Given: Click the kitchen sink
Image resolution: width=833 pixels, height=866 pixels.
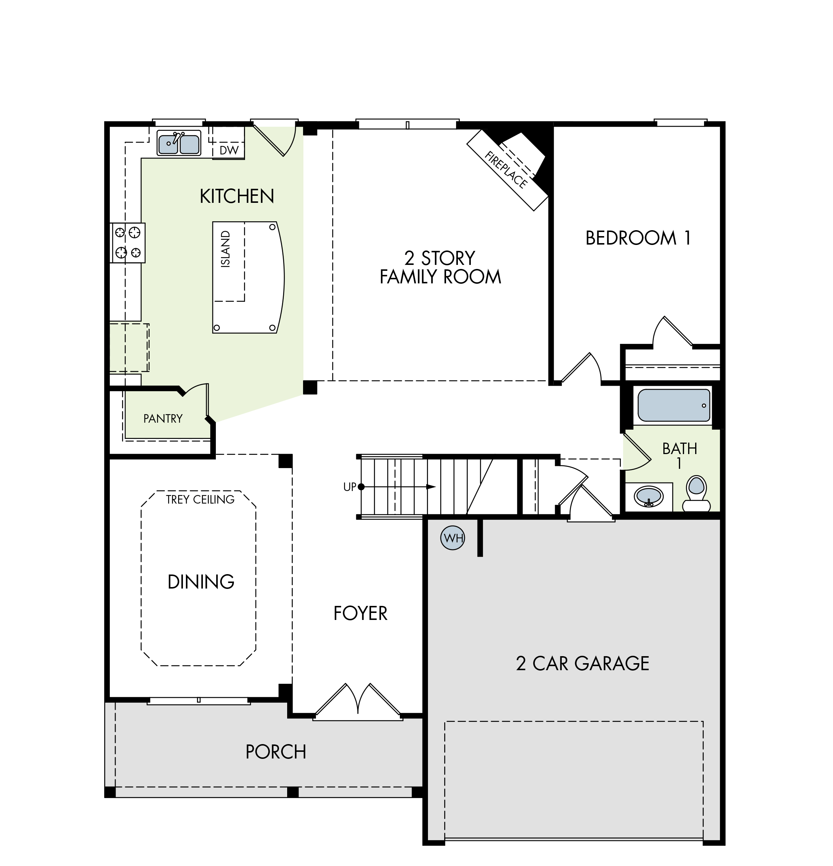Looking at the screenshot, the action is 179,143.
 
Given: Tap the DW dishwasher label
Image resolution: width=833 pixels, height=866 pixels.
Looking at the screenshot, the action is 229,150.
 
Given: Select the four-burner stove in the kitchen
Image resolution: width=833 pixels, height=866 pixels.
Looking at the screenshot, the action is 128,243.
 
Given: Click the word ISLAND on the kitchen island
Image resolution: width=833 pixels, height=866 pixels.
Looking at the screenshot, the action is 225,249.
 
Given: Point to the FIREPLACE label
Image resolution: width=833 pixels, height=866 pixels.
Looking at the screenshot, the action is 506,170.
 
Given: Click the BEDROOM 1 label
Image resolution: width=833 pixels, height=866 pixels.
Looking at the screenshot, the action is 637,238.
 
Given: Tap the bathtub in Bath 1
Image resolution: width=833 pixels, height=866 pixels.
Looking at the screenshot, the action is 673,405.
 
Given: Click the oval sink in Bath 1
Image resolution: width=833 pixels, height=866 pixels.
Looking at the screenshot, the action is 648,497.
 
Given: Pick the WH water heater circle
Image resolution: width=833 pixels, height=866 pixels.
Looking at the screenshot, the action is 453,538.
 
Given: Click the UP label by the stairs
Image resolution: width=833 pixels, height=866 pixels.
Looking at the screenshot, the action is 350,487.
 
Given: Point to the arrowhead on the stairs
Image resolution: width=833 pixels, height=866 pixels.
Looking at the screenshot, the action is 431,487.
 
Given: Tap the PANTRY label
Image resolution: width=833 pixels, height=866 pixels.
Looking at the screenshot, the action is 163,419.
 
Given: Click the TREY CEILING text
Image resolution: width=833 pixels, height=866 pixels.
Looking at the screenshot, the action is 200,500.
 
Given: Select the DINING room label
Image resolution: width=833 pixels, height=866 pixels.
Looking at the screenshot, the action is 201,582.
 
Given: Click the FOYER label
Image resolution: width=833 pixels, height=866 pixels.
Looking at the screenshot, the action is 361,613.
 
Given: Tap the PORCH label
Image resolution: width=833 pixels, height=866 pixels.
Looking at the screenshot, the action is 276,752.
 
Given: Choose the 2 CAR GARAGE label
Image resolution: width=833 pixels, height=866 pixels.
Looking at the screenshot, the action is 582,664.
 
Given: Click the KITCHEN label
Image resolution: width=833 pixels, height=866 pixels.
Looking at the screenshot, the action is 237,196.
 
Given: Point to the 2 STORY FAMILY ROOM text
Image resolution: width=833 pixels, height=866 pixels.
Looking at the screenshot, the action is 441,267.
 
